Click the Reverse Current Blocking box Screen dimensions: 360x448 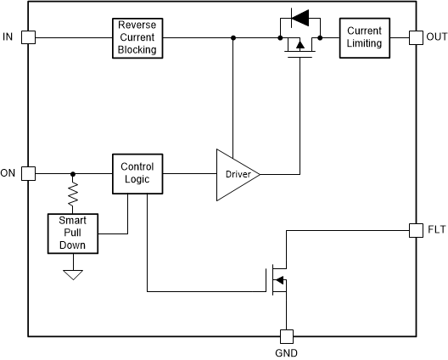point(137,37)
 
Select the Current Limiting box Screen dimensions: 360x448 point(365,37)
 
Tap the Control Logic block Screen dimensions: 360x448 point(137,173)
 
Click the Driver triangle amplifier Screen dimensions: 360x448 point(235,174)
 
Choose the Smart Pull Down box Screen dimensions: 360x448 point(72,233)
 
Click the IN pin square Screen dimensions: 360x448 point(28,37)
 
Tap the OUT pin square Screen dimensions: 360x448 point(416,37)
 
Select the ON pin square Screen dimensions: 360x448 point(28,173)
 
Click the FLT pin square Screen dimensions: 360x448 point(416,230)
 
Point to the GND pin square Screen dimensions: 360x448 point(287,335)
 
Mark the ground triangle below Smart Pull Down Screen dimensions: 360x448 point(72,273)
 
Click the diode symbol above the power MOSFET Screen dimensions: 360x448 point(300,16)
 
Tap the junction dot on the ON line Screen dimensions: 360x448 point(72,173)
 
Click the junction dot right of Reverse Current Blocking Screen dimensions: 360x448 point(233,37)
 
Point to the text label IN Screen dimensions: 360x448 point(8,37)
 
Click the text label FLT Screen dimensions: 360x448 point(436,230)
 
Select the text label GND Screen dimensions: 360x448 point(287,352)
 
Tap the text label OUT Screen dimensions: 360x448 point(436,37)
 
